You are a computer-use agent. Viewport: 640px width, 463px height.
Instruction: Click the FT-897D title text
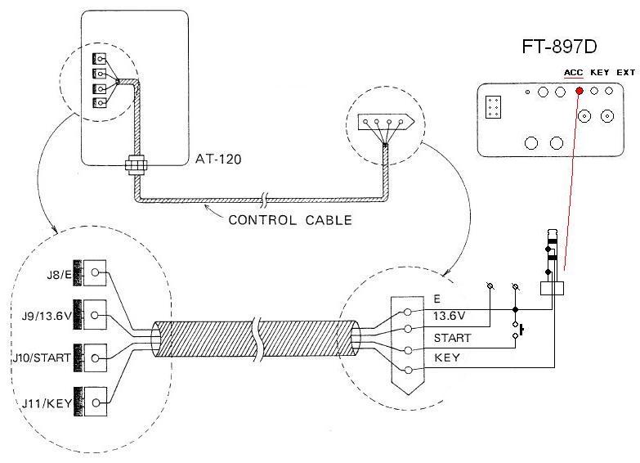click(x=559, y=46)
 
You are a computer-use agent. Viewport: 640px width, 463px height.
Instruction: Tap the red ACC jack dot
click(x=580, y=91)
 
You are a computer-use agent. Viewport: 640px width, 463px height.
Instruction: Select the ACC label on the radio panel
click(x=574, y=73)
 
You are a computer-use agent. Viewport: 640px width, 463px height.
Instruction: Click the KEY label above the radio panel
click(x=600, y=72)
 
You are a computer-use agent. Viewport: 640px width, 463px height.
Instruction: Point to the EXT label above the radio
click(x=626, y=72)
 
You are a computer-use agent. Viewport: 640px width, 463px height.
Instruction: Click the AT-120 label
click(x=218, y=159)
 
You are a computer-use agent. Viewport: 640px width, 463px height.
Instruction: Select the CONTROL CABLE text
click(x=290, y=220)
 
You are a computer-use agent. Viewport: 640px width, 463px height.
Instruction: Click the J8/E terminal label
click(x=59, y=274)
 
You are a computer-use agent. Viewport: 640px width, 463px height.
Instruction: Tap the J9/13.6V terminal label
click(x=47, y=316)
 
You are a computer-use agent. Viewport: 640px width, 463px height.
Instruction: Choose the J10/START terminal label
click(x=41, y=358)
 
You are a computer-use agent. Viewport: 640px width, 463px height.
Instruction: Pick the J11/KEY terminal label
click(x=47, y=404)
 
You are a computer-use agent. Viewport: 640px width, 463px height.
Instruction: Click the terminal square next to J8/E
click(x=95, y=272)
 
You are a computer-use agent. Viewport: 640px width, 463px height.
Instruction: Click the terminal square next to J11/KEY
click(x=96, y=402)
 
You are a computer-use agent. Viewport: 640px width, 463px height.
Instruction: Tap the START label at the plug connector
click(x=452, y=339)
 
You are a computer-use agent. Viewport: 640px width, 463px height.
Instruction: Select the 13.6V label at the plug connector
click(x=449, y=316)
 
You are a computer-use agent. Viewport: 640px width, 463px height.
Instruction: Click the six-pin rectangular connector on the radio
click(x=493, y=107)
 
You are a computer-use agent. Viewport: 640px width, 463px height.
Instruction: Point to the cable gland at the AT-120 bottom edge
click(x=136, y=164)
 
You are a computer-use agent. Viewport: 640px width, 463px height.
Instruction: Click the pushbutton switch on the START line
click(x=517, y=330)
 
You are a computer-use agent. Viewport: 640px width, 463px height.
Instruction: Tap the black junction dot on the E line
click(x=515, y=309)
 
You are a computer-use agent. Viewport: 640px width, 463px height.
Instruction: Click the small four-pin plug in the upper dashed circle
click(x=386, y=122)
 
